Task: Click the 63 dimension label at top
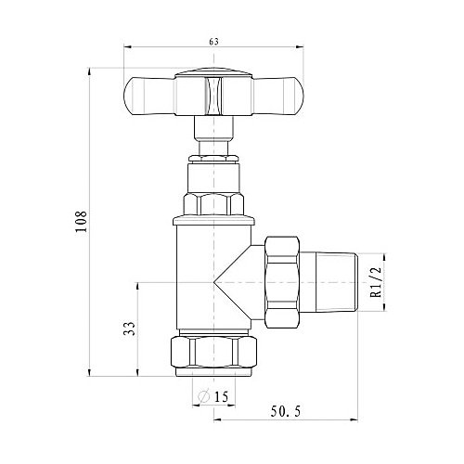[x=213, y=42]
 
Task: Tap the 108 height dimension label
[x=82, y=222]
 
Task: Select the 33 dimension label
[x=130, y=329]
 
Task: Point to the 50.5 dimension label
[x=286, y=412]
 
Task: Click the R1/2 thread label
[x=376, y=282]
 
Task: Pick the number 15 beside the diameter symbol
[x=221, y=396]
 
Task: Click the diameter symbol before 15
[x=204, y=396]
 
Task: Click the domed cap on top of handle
[x=213, y=72]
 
